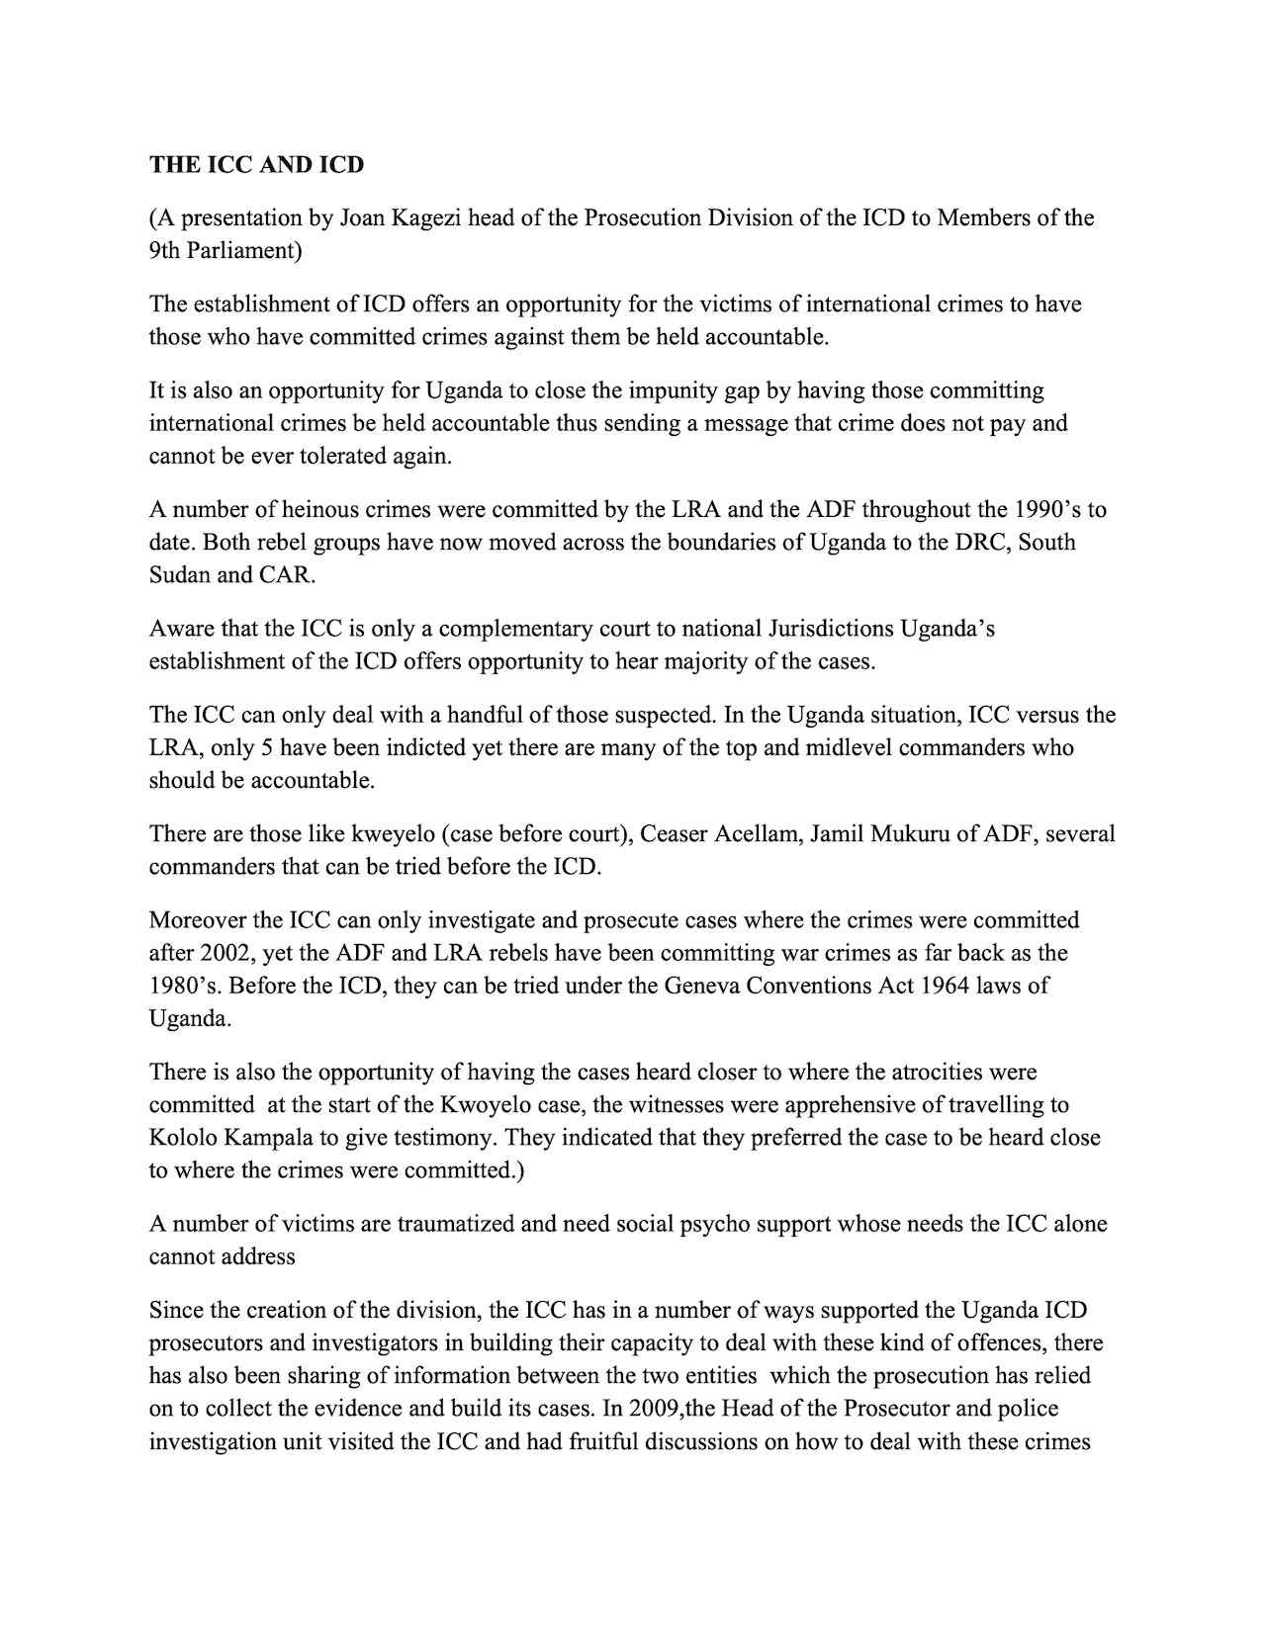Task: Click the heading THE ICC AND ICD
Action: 256,165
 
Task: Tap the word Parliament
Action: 241,250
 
